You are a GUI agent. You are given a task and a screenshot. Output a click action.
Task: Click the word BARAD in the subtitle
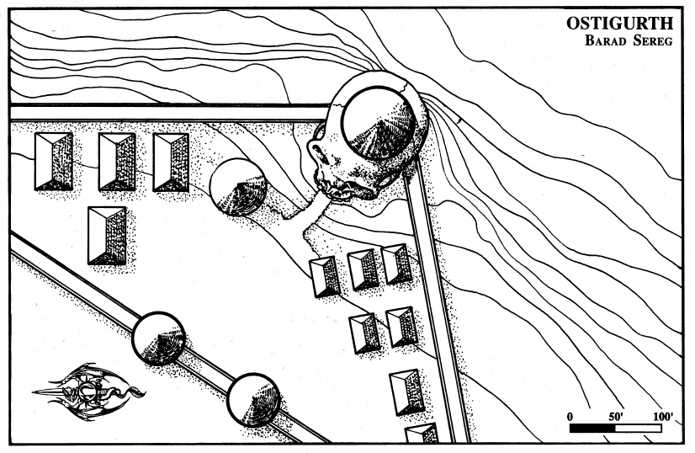click(605, 40)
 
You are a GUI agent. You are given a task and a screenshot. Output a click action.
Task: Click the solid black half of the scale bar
click(594, 428)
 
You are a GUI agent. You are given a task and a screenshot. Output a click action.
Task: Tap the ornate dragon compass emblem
click(87, 392)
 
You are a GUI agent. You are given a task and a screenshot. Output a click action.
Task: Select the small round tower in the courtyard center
click(238, 186)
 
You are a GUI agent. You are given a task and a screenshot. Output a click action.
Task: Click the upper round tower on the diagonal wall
click(158, 338)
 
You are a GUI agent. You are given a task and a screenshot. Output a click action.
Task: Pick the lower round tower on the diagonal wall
click(253, 400)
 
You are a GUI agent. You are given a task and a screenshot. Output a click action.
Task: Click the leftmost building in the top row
click(53, 161)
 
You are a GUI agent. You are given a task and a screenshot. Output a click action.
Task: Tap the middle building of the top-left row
click(117, 162)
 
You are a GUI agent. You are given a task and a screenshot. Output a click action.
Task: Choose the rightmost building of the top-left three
click(171, 162)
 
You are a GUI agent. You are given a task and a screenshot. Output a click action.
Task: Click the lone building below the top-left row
click(107, 235)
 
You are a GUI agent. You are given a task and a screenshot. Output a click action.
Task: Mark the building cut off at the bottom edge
click(422, 434)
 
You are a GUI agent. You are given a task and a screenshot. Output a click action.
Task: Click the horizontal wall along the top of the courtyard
click(168, 113)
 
